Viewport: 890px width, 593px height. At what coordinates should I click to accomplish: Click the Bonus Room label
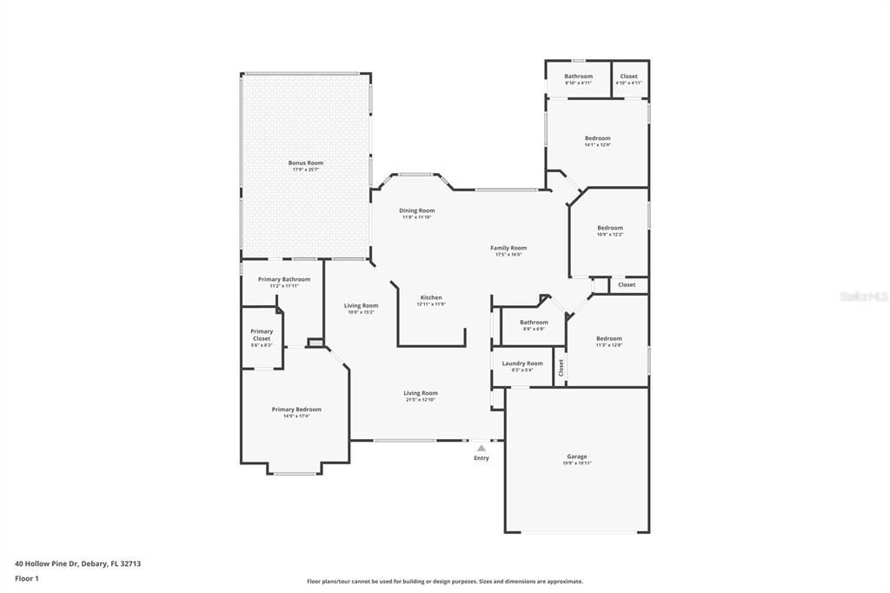tap(306, 163)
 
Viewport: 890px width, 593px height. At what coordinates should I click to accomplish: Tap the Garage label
tap(577, 456)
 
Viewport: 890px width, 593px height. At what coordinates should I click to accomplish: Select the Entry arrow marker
tap(482, 449)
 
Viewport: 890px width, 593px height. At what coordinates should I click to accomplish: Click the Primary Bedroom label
tap(296, 410)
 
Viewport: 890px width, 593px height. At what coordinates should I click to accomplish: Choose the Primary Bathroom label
tap(283, 279)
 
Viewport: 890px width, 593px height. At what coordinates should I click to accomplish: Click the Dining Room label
tap(417, 210)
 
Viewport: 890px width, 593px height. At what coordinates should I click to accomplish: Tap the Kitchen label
tap(431, 297)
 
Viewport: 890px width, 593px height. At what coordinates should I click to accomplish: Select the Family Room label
tap(508, 248)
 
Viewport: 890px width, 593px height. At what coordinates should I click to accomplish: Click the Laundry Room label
tap(522, 363)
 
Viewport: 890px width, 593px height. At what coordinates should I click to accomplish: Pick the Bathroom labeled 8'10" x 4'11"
tap(578, 77)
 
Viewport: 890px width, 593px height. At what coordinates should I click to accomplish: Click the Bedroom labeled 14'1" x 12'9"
tap(597, 138)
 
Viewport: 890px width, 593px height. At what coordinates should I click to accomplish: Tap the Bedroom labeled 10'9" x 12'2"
tap(610, 228)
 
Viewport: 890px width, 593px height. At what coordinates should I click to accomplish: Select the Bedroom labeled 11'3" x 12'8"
tap(608, 338)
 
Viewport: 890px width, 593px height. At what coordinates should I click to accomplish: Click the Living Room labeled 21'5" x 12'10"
tap(420, 393)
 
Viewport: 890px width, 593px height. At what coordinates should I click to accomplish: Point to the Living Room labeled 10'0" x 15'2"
tap(361, 305)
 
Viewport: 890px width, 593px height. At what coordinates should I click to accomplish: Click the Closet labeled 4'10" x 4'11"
tap(628, 77)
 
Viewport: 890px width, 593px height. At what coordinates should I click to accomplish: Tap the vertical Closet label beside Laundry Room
tap(561, 368)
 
